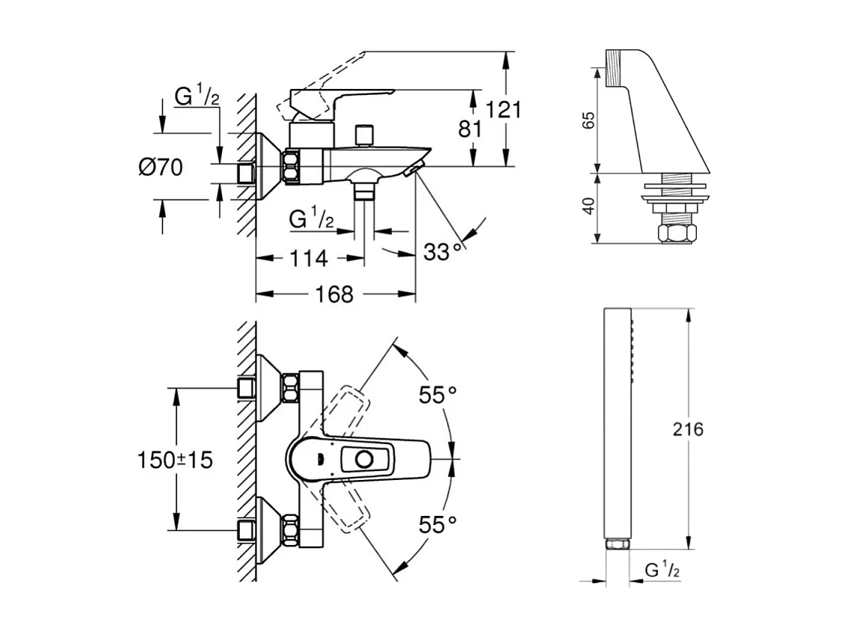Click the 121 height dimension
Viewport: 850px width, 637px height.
tap(503, 110)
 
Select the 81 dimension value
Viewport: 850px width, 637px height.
tap(469, 129)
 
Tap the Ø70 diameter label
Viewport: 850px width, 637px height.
tap(160, 167)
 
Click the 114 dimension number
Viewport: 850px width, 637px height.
tap(307, 259)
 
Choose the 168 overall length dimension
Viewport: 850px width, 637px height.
tap(334, 295)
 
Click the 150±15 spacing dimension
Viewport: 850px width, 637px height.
tap(175, 460)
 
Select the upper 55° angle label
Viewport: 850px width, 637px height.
tap(437, 396)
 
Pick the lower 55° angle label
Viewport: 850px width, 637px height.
tap(437, 525)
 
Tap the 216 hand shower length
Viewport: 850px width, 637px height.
tap(688, 429)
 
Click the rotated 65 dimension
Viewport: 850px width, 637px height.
tap(588, 120)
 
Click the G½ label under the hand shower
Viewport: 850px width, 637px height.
tap(662, 570)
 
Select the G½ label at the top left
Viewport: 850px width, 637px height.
tap(197, 96)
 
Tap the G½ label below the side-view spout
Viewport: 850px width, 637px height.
tap(311, 219)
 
